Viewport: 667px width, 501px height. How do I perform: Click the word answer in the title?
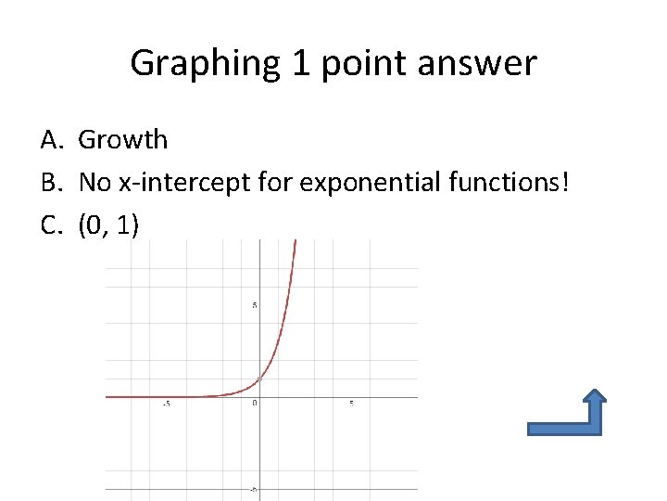pyautogui.click(x=480, y=64)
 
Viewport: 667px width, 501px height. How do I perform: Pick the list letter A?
pyautogui.click(x=51, y=140)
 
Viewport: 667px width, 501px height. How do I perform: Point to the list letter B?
pyautogui.click(x=51, y=182)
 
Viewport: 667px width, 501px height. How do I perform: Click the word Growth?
pyautogui.click(x=123, y=140)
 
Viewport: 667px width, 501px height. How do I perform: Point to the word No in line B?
pyautogui.click(x=94, y=182)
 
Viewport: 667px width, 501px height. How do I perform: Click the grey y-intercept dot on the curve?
pyautogui.click(x=260, y=379)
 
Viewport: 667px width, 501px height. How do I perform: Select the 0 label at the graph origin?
pyautogui.click(x=254, y=403)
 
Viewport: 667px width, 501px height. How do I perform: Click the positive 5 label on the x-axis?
pyautogui.click(x=352, y=403)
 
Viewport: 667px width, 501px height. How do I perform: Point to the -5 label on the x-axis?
pyautogui.click(x=166, y=404)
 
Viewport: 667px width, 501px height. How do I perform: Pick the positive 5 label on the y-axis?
pyautogui.click(x=255, y=305)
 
